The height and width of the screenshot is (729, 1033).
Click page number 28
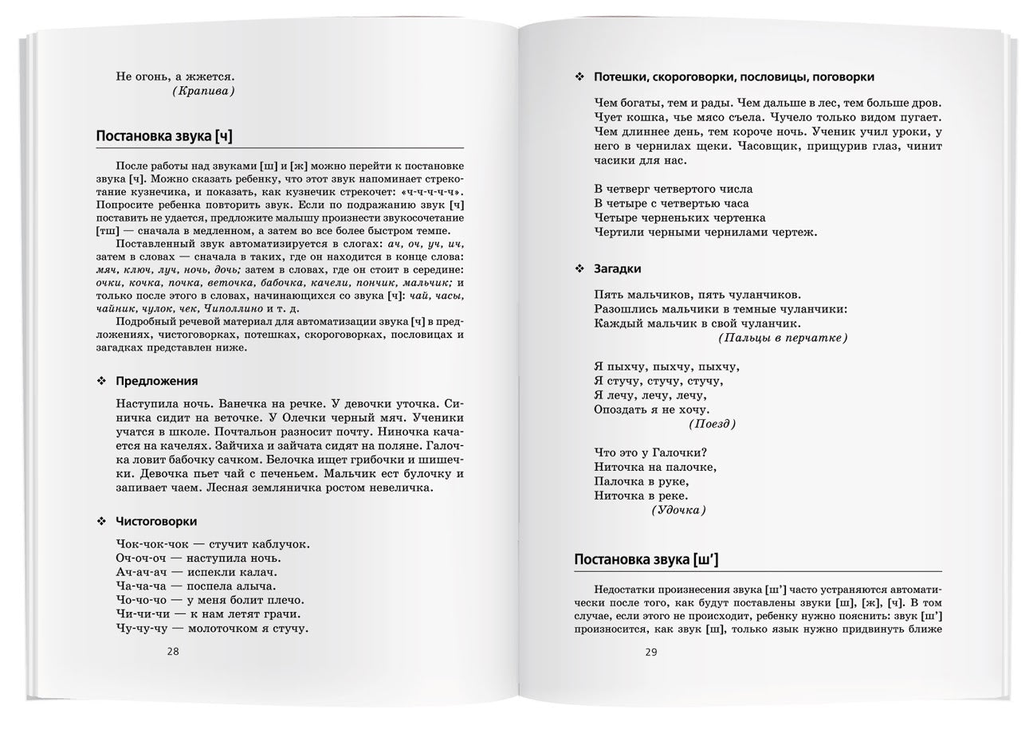(x=173, y=651)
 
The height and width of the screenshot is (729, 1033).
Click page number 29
(x=651, y=653)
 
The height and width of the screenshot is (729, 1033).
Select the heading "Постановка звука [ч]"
(x=164, y=135)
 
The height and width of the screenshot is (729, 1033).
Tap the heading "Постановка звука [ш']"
(x=646, y=559)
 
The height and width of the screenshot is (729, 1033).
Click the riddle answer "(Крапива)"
(x=203, y=91)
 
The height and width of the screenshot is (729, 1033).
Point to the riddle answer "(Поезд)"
(x=712, y=424)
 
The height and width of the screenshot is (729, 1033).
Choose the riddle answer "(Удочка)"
(x=678, y=510)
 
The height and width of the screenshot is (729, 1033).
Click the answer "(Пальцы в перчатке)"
(x=782, y=338)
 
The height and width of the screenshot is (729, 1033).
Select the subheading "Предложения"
(x=156, y=381)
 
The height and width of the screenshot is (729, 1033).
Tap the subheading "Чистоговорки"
(x=156, y=521)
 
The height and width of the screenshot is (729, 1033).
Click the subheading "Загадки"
(x=617, y=268)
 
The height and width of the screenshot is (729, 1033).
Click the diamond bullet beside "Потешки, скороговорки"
(x=579, y=77)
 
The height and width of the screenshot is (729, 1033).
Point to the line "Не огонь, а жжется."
(x=175, y=76)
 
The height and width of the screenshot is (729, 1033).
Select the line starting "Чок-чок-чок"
(x=212, y=544)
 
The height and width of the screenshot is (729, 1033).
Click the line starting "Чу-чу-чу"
(x=211, y=629)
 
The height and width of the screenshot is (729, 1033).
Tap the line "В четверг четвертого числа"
(x=673, y=189)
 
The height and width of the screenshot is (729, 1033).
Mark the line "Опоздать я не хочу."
(x=650, y=410)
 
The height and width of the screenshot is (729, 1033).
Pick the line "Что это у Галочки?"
(x=650, y=453)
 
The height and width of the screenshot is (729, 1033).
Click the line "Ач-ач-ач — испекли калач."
(x=196, y=572)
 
